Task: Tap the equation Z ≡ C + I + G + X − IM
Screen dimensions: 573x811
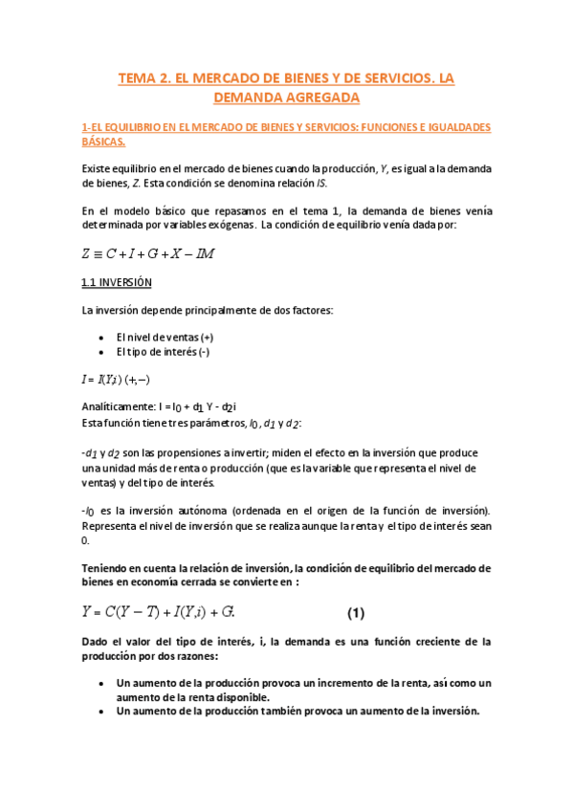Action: (148, 253)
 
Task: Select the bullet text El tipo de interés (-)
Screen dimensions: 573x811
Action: (163, 352)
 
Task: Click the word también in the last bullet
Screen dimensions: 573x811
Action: (261, 711)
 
